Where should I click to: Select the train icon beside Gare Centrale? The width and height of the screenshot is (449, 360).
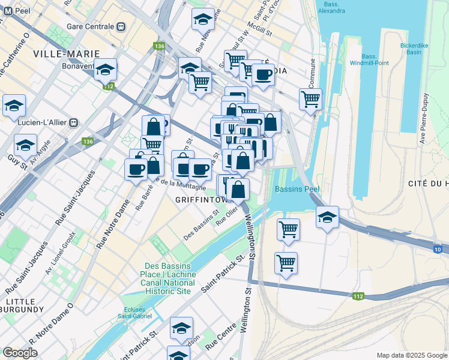121,27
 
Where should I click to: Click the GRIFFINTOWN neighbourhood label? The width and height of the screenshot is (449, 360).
200,199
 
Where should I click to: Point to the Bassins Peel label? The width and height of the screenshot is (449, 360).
297,189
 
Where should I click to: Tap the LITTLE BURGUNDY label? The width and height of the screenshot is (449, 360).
23,305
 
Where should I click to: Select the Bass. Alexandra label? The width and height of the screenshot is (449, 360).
331,7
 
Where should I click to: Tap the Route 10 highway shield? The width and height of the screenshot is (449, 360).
438,249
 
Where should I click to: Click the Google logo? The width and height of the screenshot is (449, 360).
20,353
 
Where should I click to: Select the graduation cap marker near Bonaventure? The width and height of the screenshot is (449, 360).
105,70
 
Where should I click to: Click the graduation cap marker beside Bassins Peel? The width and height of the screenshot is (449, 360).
327,217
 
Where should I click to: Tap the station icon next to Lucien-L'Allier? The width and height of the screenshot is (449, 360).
73,122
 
